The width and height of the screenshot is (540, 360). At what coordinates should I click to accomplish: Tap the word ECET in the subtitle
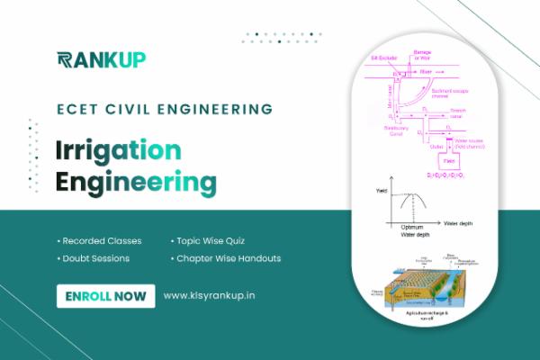[75, 110]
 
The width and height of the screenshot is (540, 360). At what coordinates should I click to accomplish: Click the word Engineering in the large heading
[136, 183]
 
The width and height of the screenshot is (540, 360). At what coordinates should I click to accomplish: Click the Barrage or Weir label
[423, 55]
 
